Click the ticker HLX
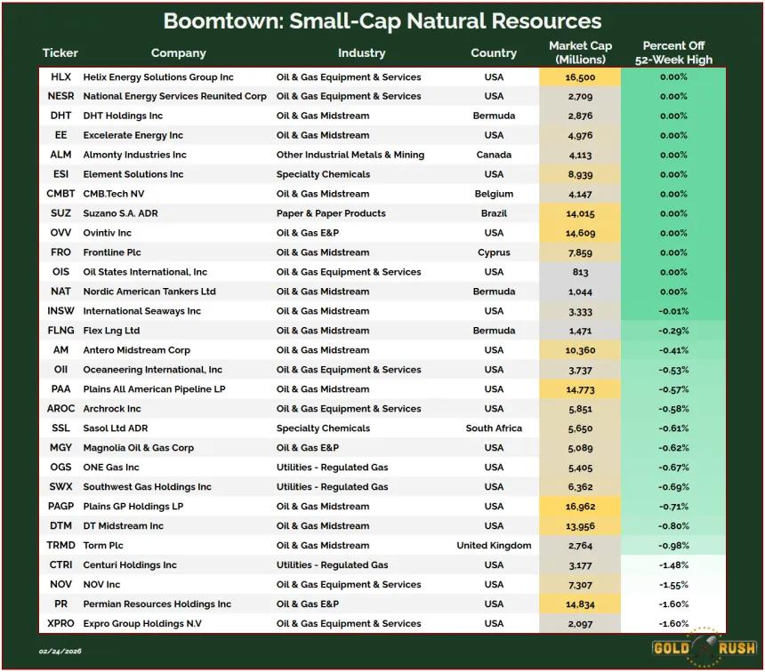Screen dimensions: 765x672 60,77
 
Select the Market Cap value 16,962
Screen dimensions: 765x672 580,507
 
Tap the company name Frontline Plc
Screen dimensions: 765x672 112,252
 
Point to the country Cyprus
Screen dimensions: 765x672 494,252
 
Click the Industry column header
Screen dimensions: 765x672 361,52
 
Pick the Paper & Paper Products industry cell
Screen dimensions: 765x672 331,213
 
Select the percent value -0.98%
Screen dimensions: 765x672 673,546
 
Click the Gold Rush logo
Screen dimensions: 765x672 704,648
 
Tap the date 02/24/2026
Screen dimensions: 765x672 60,651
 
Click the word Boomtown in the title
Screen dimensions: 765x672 223,21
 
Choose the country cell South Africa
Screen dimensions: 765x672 494,428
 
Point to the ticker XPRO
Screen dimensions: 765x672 60,624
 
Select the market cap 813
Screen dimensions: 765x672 580,272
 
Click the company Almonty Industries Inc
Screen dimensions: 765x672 134,155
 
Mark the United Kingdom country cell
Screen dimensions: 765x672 494,546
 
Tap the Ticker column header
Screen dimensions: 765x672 60,52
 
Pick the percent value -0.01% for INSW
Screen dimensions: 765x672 673,311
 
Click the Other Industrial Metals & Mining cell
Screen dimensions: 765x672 350,155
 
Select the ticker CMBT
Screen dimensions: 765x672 60,194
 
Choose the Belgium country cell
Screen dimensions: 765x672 494,194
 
